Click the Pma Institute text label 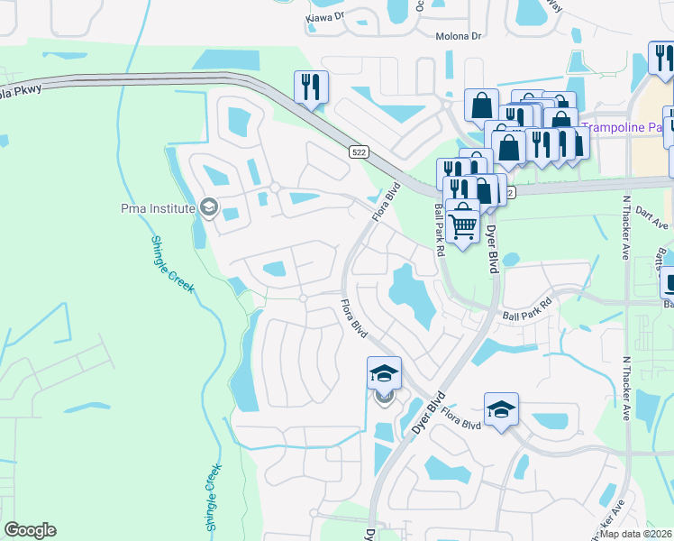[158, 209]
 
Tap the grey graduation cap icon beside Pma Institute [209, 209]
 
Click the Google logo [30, 530]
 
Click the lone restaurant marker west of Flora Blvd [311, 87]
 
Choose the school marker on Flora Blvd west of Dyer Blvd [384, 373]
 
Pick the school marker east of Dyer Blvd [501, 410]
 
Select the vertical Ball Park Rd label [440, 230]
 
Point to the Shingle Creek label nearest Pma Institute [168, 261]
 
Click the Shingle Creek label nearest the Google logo [212, 498]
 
